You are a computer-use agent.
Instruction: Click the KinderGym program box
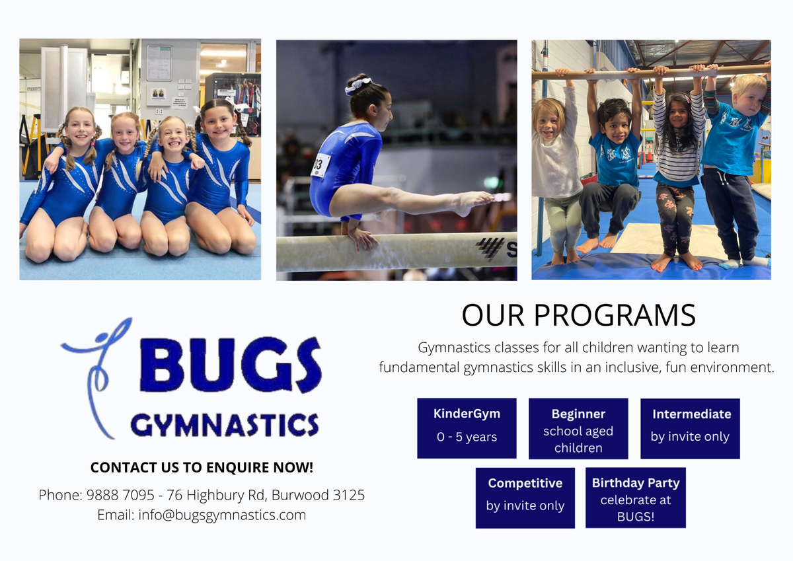coord(467,428)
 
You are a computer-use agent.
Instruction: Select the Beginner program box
coord(578,429)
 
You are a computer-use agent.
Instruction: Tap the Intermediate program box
coord(690,429)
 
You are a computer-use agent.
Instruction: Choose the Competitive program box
coord(525,498)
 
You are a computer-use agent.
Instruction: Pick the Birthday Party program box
coord(636,498)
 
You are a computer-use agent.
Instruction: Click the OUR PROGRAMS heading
coord(578,315)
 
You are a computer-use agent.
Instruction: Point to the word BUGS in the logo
coord(231,365)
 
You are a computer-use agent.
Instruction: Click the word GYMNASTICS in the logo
coord(225,425)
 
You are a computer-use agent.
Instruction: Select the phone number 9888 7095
coord(120,495)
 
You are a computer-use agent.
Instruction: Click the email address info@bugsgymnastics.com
coord(222,515)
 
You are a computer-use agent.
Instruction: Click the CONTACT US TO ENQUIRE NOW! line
coord(202,467)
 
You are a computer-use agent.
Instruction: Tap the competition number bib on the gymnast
coord(321,165)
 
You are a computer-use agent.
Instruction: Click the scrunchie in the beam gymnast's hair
coord(358,85)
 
